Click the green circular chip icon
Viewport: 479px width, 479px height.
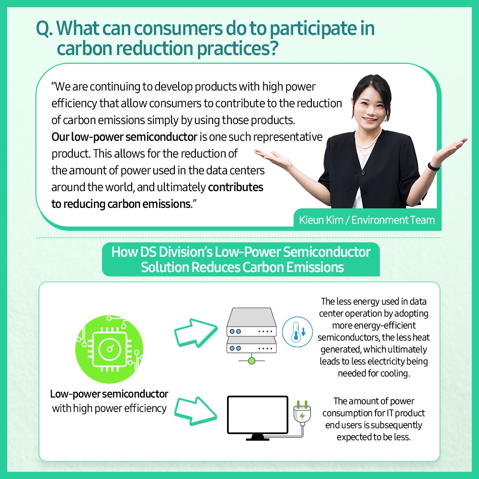click(x=109, y=349)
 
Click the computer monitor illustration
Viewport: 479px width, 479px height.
click(x=258, y=418)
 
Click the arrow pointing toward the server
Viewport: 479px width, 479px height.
click(x=196, y=333)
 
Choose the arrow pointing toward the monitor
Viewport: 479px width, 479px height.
click(x=196, y=411)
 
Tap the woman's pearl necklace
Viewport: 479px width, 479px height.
click(x=368, y=140)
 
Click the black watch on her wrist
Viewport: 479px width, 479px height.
click(x=434, y=167)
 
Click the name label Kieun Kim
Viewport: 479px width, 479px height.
click(x=321, y=220)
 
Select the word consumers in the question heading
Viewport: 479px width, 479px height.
click(x=178, y=28)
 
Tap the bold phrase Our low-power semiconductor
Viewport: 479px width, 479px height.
click(x=124, y=137)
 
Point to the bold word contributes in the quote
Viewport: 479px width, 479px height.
click(x=236, y=187)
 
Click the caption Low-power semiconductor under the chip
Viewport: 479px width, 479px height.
click(x=109, y=394)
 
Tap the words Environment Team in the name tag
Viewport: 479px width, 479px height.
click(x=393, y=220)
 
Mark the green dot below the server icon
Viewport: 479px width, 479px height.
click(x=252, y=361)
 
